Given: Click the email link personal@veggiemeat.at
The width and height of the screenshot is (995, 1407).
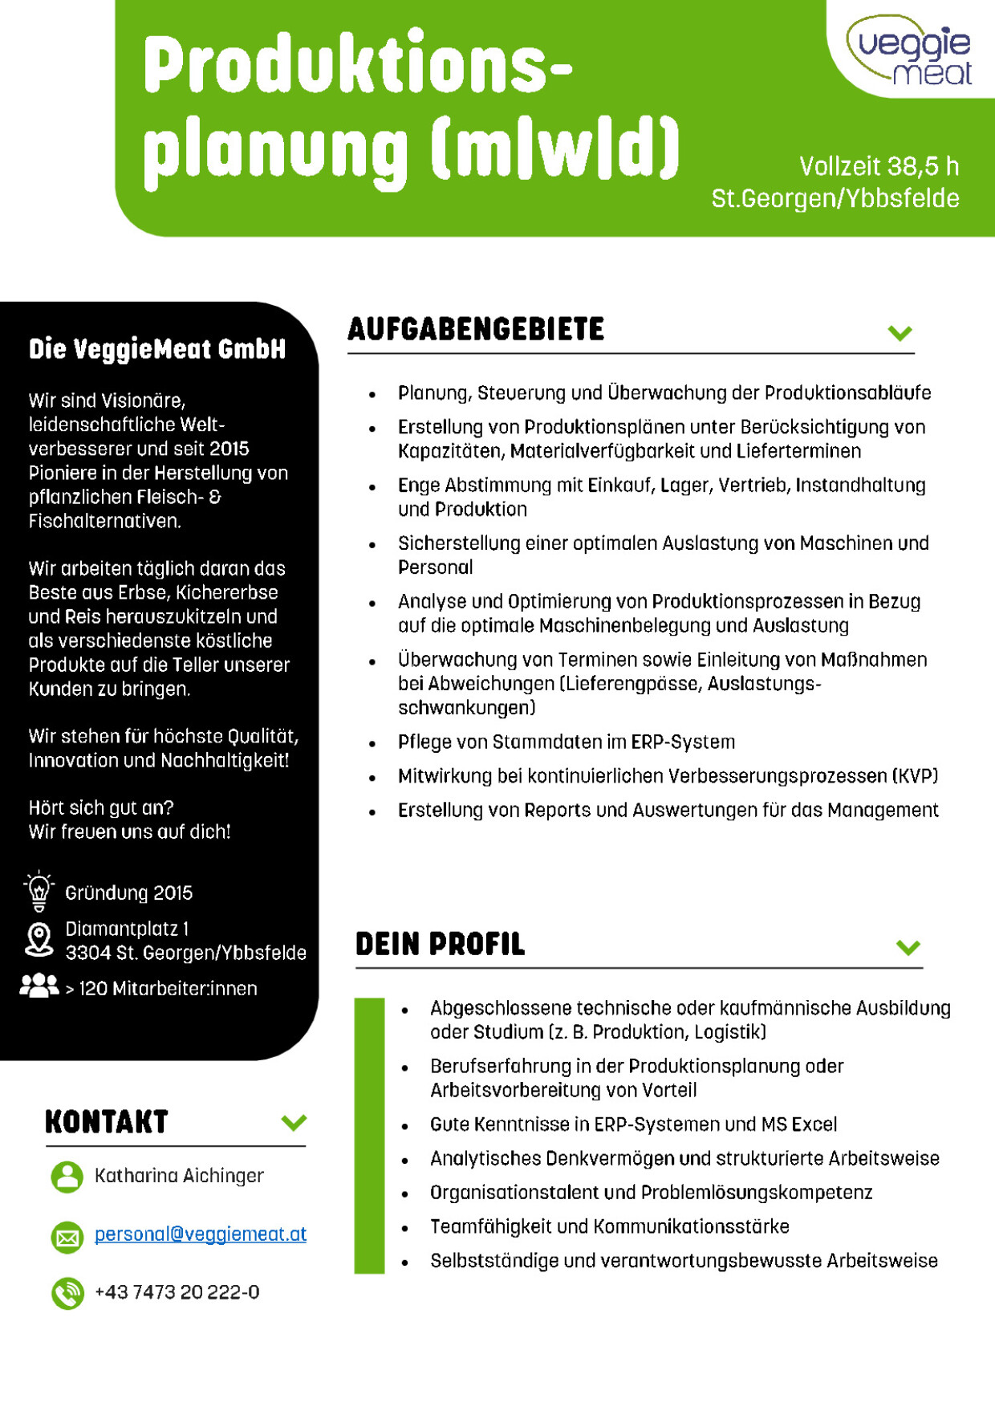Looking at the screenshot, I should point(200,1234).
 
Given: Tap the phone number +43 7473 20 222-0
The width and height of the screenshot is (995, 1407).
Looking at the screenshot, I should point(177,1292).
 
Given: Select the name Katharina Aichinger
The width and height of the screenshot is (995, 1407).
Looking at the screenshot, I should point(179,1176).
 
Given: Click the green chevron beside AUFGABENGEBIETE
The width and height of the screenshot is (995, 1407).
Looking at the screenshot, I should point(900,332).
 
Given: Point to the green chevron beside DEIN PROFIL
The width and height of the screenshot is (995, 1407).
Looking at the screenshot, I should point(908,947).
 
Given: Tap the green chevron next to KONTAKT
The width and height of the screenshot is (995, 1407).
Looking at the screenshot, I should point(294,1122).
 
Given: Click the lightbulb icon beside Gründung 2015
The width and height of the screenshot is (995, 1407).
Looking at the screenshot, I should point(39,891).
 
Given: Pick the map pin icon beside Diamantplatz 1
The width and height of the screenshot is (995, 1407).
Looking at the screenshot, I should point(39,939).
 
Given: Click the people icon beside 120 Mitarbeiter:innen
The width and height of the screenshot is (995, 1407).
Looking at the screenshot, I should point(39,986).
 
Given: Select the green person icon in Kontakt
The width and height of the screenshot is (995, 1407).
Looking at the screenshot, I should point(67,1177).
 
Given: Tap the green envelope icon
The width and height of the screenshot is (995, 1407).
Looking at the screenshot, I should point(67,1237).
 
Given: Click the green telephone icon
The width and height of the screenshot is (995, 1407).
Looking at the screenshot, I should point(67,1293).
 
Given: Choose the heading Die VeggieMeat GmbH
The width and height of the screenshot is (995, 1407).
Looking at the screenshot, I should point(157,349).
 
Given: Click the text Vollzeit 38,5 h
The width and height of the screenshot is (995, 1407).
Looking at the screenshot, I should point(879,166).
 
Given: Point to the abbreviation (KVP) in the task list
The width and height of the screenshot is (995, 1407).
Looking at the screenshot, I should point(915,776).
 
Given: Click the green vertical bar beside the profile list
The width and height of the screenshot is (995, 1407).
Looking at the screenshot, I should point(369,1136).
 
